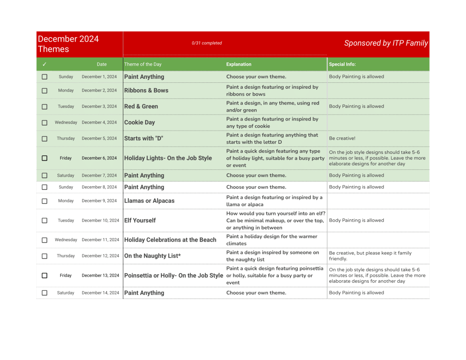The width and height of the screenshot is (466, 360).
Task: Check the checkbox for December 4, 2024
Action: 45,122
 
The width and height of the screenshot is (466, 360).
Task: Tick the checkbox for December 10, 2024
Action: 45,220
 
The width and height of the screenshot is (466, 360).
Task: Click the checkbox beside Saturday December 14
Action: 45,293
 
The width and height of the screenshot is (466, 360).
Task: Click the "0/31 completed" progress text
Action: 207,43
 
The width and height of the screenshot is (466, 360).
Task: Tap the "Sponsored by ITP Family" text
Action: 386,43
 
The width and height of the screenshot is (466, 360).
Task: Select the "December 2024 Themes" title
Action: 68,44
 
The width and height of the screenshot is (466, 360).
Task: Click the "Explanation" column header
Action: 239,64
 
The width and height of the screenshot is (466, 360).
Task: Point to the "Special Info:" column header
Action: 342,64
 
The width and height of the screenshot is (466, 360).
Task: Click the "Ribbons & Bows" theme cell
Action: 146,91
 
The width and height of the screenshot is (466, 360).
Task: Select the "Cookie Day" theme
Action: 140,122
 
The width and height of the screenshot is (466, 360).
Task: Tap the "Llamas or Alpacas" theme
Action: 149,201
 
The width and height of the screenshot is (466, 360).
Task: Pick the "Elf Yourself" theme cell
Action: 140,220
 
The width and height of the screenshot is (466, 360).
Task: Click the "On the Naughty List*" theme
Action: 152,256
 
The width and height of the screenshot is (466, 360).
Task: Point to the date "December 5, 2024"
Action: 99,138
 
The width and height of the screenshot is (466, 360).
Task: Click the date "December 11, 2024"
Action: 100,240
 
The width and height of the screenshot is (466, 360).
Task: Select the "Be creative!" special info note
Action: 342,138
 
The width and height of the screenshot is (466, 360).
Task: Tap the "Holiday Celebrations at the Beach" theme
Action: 170,240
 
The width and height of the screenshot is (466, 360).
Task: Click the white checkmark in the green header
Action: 45,64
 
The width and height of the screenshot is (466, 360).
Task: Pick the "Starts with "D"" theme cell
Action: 143,138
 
